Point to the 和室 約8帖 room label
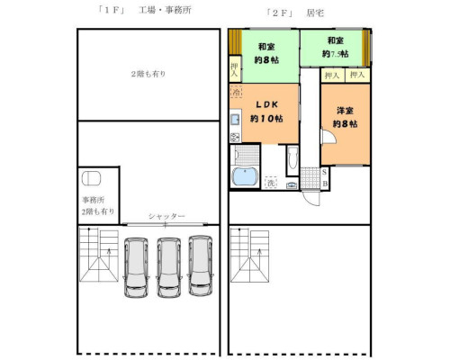pyautogui.click(x=265, y=53)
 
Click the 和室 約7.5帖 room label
pyautogui.click(x=335, y=48)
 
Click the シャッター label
pyautogui.click(x=166, y=218)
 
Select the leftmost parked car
pyautogui.click(x=137, y=266)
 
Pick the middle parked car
pyautogui.click(x=168, y=266)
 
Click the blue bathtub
pyautogui.click(x=244, y=177)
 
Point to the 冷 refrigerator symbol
pyautogui.click(x=236, y=93)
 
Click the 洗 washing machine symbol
pyautogui.click(x=270, y=184)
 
